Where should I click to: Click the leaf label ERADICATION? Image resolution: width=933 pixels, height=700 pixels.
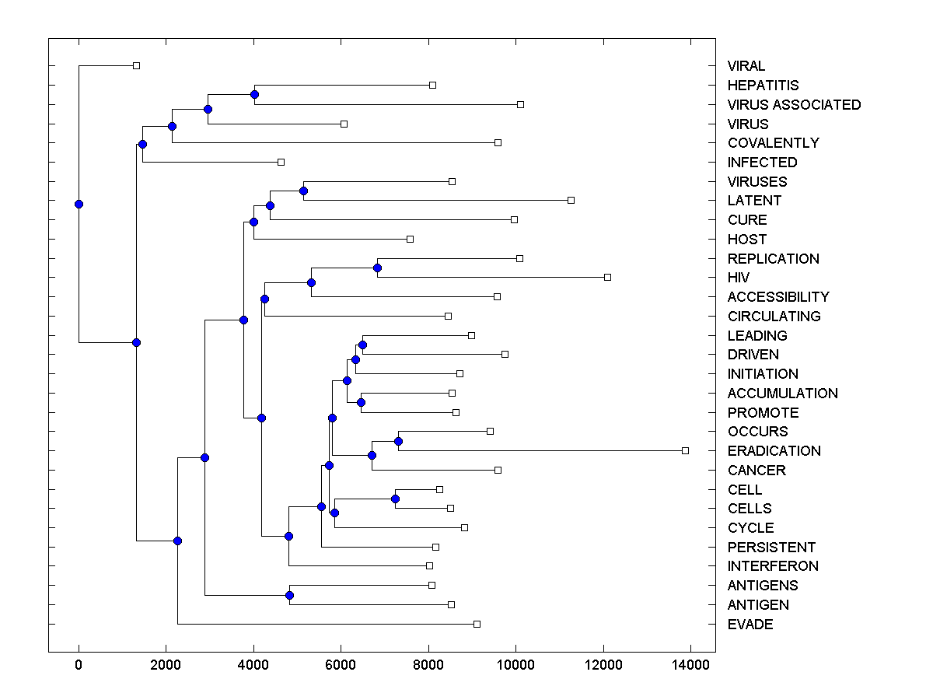pyautogui.click(x=774, y=451)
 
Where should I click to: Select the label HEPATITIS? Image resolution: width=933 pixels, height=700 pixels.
pyautogui.click(x=763, y=86)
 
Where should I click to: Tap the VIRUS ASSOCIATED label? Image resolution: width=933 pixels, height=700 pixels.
pyautogui.click(x=794, y=105)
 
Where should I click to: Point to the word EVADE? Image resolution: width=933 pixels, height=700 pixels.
pyautogui.click(x=750, y=625)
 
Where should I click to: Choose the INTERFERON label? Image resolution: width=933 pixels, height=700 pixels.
pyautogui.click(x=773, y=566)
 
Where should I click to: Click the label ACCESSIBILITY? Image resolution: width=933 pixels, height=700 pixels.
pyautogui.click(x=778, y=297)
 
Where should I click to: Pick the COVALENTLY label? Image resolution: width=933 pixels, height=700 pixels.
pyautogui.click(x=773, y=143)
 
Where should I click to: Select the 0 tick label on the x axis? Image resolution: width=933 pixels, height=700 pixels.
pyautogui.click(x=79, y=664)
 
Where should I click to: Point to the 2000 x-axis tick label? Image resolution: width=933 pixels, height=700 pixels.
pyautogui.click(x=166, y=664)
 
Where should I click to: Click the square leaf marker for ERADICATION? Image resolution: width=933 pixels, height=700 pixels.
pyautogui.click(x=685, y=450)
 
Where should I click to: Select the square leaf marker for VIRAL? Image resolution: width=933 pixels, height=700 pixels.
pyautogui.click(x=136, y=66)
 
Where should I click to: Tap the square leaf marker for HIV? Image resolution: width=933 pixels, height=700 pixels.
pyautogui.click(x=608, y=277)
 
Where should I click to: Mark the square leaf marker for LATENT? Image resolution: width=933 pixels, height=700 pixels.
pyautogui.click(x=571, y=200)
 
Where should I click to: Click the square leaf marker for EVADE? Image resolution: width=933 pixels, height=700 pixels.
pyautogui.click(x=477, y=624)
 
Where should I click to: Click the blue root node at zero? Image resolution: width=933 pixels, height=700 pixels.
pyautogui.click(x=79, y=204)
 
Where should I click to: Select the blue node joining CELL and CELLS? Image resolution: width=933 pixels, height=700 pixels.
pyautogui.click(x=396, y=499)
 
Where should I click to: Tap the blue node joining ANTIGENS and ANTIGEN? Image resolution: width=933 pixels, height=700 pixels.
pyautogui.click(x=289, y=595)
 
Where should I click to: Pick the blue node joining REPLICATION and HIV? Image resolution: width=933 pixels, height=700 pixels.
pyautogui.click(x=378, y=268)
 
